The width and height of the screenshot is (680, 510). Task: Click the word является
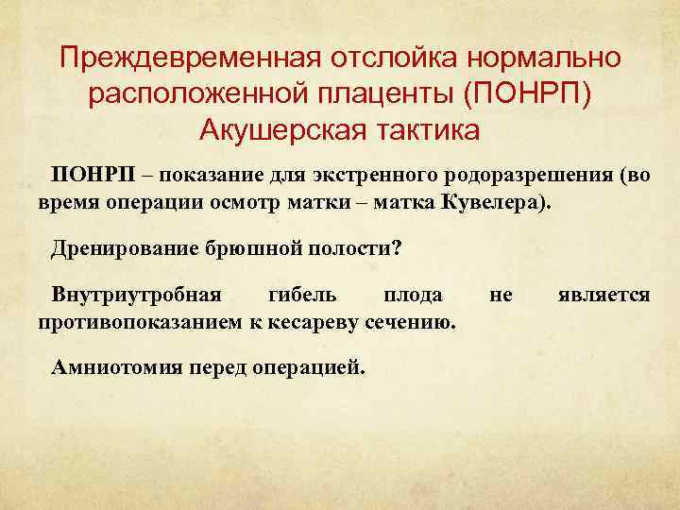(x=603, y=296)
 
